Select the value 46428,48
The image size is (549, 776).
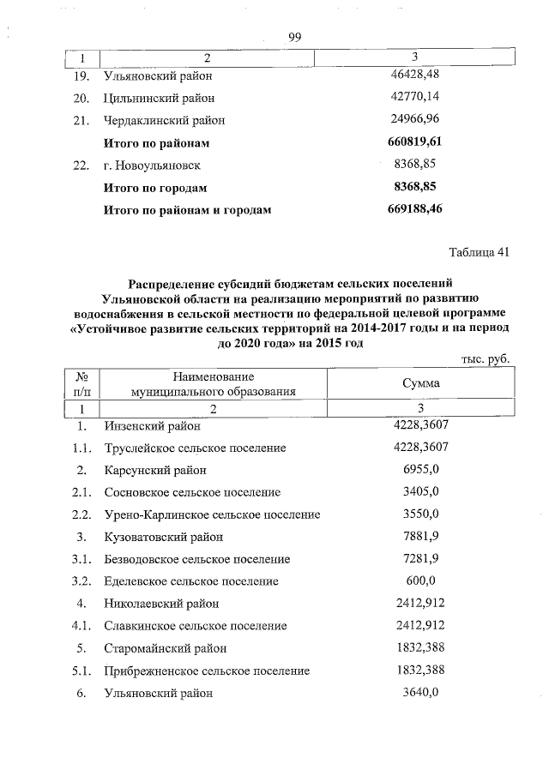[x=414, y=75]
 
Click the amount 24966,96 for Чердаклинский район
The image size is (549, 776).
[x=414, y=119]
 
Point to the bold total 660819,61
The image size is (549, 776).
[x=414, y=141]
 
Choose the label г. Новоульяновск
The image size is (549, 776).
[x=152, y=165]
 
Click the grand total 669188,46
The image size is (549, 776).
[x=414, y=208]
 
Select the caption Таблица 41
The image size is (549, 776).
[x=480, y=252]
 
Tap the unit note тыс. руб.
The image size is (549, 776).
[x=486, y=360]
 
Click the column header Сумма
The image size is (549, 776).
[x=420, y=383]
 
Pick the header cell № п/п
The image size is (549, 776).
[x=83, y=383]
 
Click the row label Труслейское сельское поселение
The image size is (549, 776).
[x=195, y=448]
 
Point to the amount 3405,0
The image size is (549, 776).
[x=420, y=492]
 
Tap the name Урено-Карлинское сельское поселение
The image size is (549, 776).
[x=212, y=514]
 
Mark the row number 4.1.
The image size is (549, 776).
[x=82, y=626]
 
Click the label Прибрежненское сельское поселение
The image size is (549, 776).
[x=206, y=671]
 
